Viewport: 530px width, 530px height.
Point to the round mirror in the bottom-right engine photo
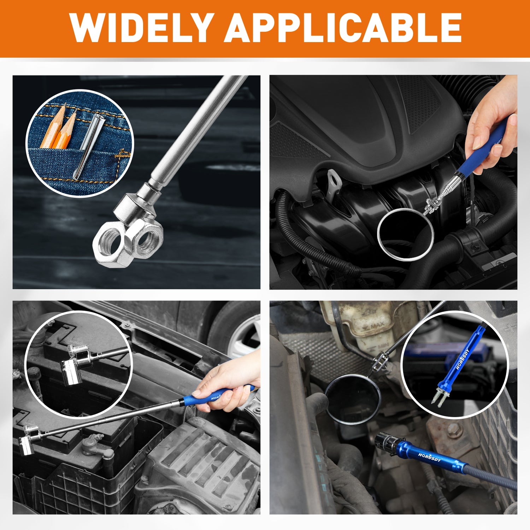pyautogui.click(x=353, y=399)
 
